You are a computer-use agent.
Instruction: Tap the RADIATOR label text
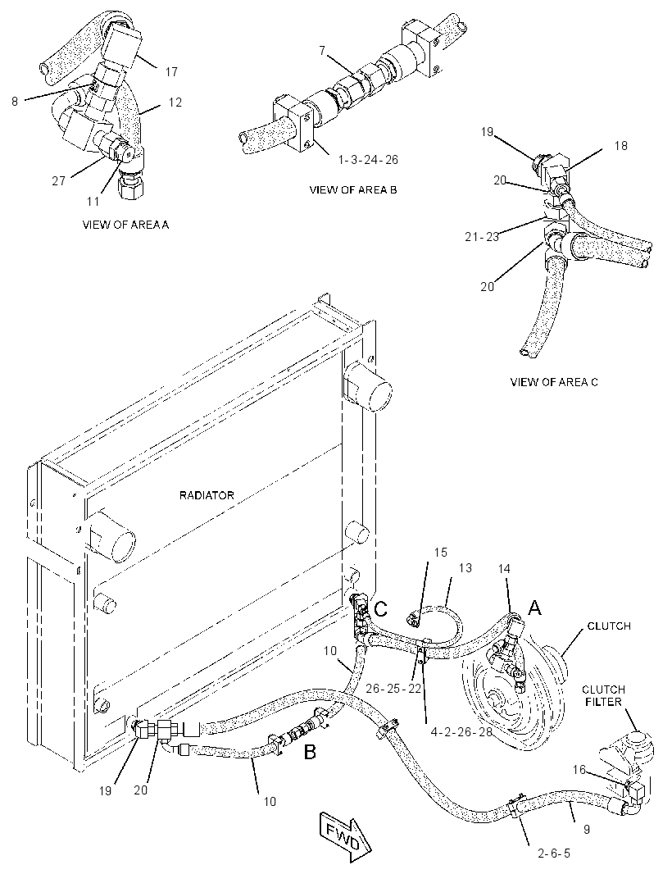207,495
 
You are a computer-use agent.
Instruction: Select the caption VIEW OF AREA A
125,225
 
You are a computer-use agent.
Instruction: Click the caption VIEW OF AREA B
353,190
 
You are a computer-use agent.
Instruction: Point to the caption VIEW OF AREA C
554,382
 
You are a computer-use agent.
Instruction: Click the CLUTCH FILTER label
603,695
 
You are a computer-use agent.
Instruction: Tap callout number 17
171,72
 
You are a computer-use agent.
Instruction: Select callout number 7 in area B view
322,51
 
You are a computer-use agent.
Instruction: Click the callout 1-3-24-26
368,160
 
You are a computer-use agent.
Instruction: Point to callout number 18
620,145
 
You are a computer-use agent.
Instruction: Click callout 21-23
482,237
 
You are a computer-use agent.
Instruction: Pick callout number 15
440,553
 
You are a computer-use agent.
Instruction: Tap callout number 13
465,567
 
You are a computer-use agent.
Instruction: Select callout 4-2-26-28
462,732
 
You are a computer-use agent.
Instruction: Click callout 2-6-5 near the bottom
554,854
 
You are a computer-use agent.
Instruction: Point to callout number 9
586,830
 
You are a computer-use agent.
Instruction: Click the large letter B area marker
310,753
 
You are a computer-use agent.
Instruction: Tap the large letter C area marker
380,609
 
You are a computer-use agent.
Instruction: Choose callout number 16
579,770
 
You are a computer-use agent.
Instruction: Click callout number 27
58,181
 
